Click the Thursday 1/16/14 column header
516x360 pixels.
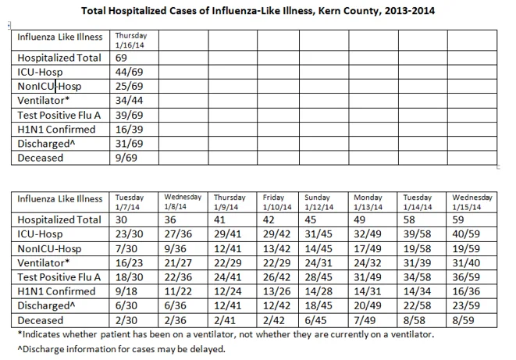[x=131, y=40]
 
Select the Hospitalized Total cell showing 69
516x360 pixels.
[x=121, y=58]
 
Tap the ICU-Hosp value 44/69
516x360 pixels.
[x=129, y=72]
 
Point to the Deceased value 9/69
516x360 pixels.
[x=126, y=158]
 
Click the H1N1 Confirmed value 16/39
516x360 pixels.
[x=129, y=130]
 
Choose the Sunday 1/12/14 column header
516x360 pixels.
[x=318, y=202]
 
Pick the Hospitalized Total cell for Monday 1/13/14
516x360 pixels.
[x=359, y=219]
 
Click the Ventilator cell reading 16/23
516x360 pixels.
[x=129, y=263]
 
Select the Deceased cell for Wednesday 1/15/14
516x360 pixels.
[x=463, y=320]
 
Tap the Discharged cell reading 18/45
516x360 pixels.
[x=318, y=305]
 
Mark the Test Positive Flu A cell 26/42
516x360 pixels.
[x=276, y=277]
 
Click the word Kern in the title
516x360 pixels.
[x=329, y=11]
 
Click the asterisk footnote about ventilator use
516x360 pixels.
[x=226, y=335]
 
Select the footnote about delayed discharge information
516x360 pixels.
[x=122, y=349]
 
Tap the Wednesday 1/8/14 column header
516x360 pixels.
[x=183, y=202]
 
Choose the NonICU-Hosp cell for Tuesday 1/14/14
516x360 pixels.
[x=417, y=249]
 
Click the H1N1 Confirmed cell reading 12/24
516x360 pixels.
[x=228, y=291]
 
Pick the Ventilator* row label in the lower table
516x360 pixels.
[x=44, y=263]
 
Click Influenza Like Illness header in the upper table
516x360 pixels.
[x=60, y=37]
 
